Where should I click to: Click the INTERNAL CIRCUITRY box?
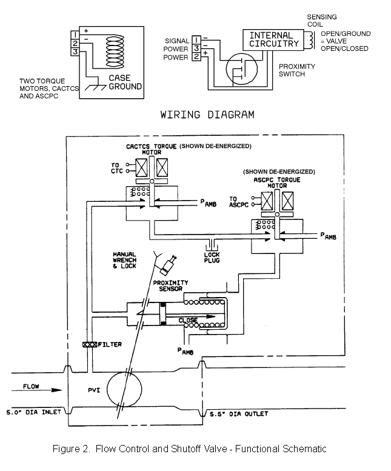[275, 39]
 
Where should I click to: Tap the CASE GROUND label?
[125, 82]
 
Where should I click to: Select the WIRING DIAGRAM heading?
[207, 114]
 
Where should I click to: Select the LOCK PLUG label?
[212, 256]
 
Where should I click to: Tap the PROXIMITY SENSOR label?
[170, 286]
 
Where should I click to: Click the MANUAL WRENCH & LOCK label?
[124, 259]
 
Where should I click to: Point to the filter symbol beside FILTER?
[90, 344]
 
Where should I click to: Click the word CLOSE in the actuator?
[189, 319]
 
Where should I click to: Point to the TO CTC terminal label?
[116, 168]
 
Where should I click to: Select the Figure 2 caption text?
[190, 449]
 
